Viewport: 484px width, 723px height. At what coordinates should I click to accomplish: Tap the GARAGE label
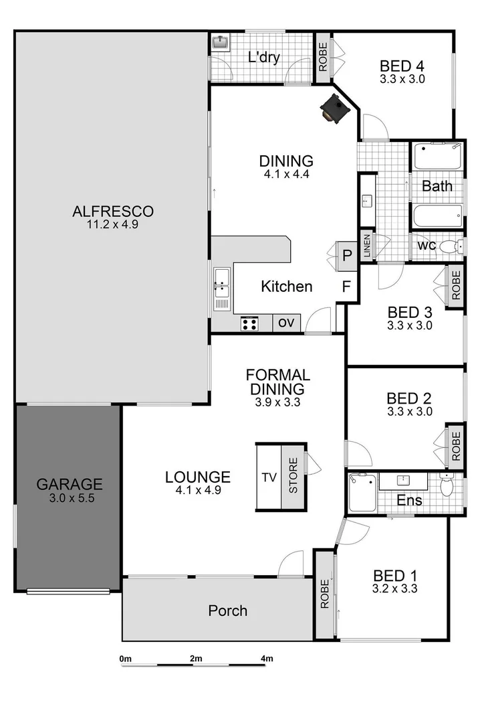69,483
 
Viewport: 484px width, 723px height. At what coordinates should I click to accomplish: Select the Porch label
227,611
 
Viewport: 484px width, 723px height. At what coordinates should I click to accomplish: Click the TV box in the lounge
269,477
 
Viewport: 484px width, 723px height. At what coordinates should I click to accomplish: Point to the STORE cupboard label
293,477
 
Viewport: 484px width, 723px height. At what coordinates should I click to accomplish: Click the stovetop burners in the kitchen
249,323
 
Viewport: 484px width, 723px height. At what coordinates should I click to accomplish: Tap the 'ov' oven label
286,323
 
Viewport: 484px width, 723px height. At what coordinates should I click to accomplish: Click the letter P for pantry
347,254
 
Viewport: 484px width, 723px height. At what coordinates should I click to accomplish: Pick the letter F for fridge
346,287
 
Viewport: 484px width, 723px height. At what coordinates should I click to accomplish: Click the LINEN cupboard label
366,246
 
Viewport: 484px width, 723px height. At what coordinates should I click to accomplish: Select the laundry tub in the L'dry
220,42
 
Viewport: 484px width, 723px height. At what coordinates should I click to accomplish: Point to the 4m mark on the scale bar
267,659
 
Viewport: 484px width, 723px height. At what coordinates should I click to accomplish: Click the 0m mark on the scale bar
125,659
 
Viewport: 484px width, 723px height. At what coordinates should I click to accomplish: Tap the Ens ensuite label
404,500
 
